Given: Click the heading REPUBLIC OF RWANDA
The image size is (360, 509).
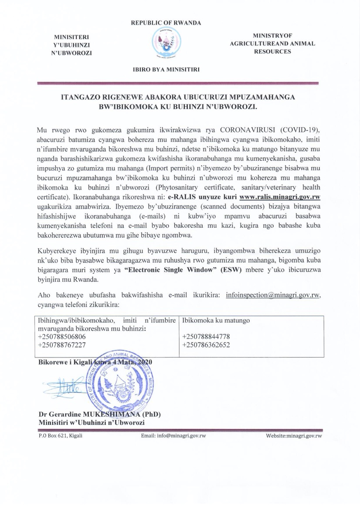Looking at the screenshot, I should pos(166,23).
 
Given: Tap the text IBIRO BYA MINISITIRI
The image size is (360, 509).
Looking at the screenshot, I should pos(166,68).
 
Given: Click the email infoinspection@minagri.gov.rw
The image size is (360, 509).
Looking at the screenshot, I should pos(273,295).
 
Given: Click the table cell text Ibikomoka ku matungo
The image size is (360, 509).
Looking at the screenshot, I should pos(216,321).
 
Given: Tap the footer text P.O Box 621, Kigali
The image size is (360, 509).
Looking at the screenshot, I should pos(61,436).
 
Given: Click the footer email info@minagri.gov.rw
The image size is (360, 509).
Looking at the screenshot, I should pos(173,436).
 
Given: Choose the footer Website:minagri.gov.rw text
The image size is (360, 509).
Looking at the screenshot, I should pos(294,436).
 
